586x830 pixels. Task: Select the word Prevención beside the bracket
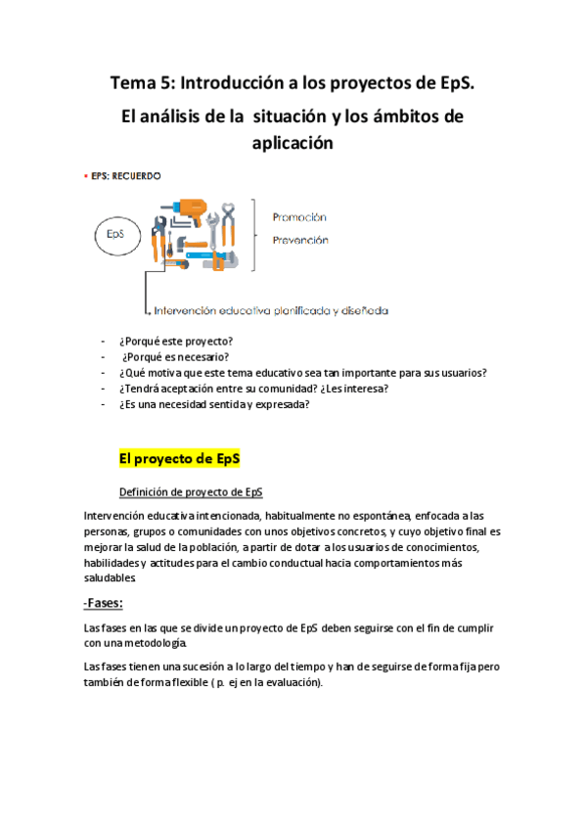299,240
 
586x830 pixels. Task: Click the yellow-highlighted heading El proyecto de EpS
179,457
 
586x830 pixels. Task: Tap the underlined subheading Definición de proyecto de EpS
190,491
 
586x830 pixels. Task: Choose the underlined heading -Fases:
110,602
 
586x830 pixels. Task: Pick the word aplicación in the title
293,143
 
